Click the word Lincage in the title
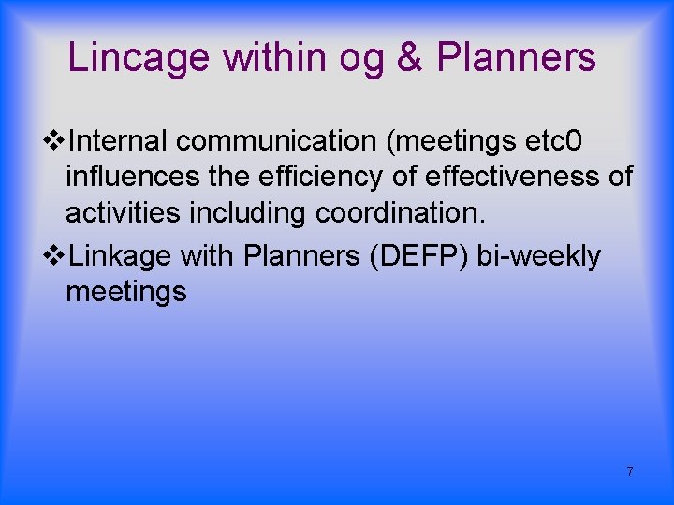click(139, 58)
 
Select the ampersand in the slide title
click(409, 58)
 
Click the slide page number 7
click(630, 471)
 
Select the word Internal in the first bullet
click(118, 141)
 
